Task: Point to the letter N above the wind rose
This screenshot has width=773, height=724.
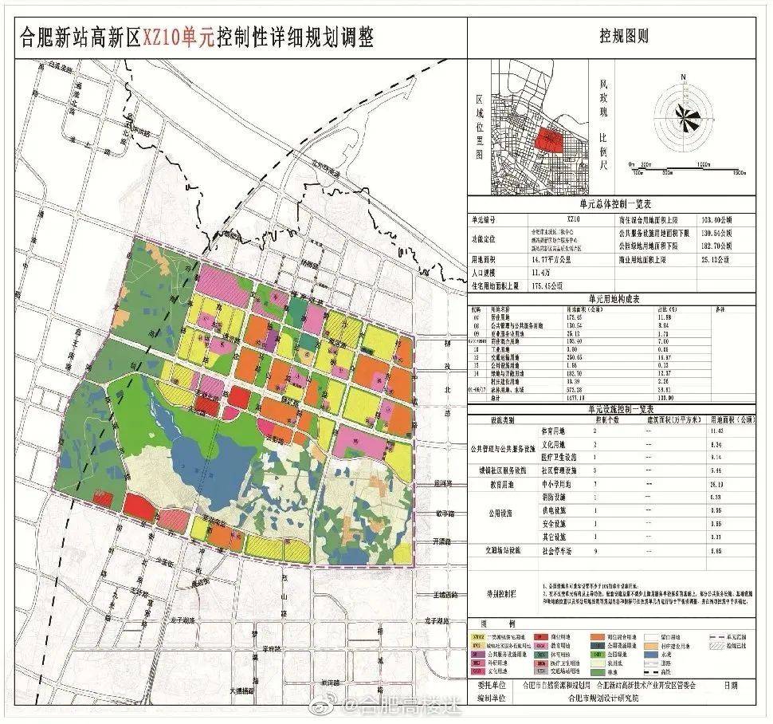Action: click(682, 77)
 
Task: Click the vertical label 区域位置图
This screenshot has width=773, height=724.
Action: click(481, 127)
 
